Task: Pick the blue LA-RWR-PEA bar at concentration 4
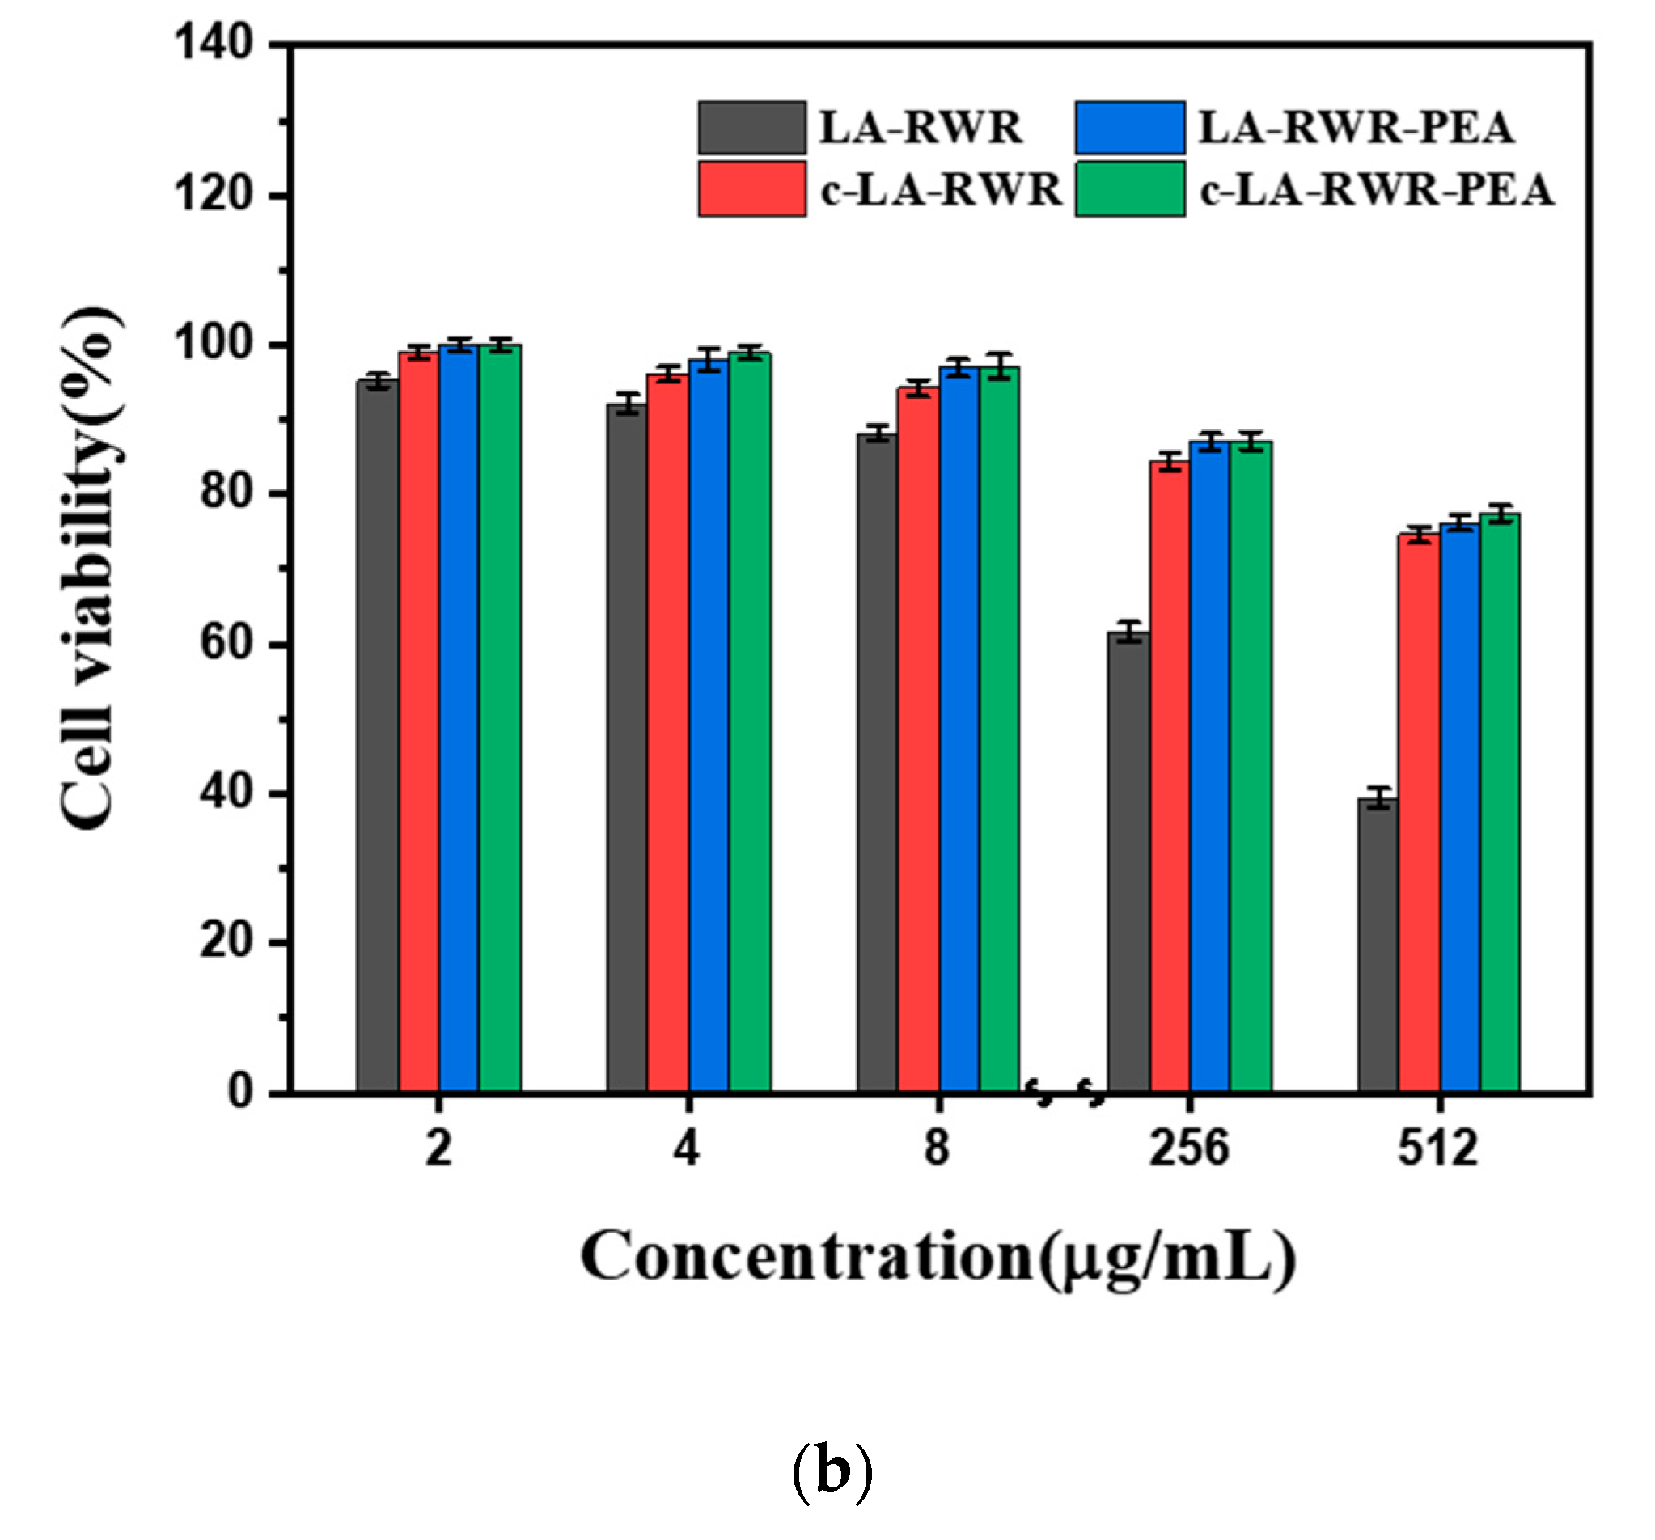pyautogui.click(x=709, y=724)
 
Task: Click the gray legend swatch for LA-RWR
pyautogui.click(x=751, y=127)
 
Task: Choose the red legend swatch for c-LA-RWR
pyautogui.click(x=751, y=189)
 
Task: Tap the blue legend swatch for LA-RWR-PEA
pyautogui.click(x=1130, y=127)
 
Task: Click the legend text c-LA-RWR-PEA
pyautogui.click(x=1376, y=190)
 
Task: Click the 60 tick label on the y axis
pyautogui.click(x=226, y=643)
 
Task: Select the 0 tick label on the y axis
pyautogui.click(x=240, y=1090)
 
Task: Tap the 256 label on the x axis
pyautogui.click(x=1188, y=1148)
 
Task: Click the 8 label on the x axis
pyautogui.click(x=937, y=1148)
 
